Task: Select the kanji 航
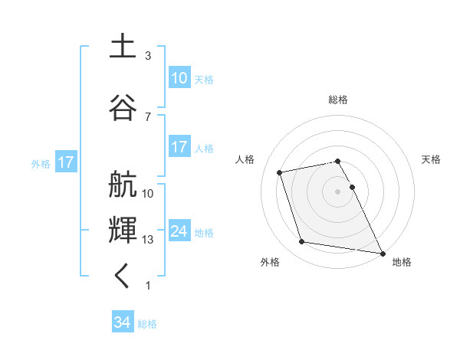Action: tap(123, 185)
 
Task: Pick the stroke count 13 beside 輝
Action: tap(148, 240)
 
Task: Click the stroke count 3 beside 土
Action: tap(148, 56)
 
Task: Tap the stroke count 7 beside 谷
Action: tap(148, 116)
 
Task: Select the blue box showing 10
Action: tap(179, 78)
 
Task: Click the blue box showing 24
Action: tap(179, 231)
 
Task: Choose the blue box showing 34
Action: tap(123, 322)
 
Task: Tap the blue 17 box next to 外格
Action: tap(65, 162)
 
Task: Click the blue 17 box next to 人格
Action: tap(179, 147)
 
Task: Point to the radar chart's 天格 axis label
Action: tap(431, 159)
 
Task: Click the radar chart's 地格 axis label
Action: tap(402, 262)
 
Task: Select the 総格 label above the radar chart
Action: tap(338, 100)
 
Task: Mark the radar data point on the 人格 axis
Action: tap(280, 172)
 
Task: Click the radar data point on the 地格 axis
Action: tap(382, 252)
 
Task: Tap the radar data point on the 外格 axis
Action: tap(302, 242)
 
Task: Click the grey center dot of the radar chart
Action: tap(338, 191)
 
